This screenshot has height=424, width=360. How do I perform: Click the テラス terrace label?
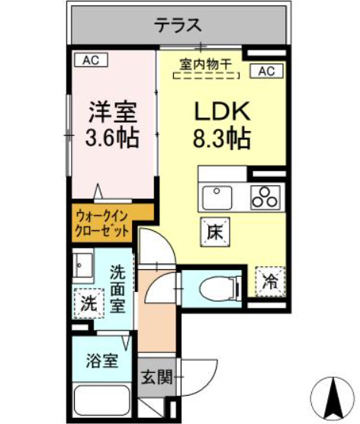click(x=178, y=25)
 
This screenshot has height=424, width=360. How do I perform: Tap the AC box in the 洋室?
click(x=91, y=59)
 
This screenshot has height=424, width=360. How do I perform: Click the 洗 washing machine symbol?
click(x=89, y=303)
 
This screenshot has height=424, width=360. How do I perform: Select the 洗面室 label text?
click(x=117, y=288)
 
